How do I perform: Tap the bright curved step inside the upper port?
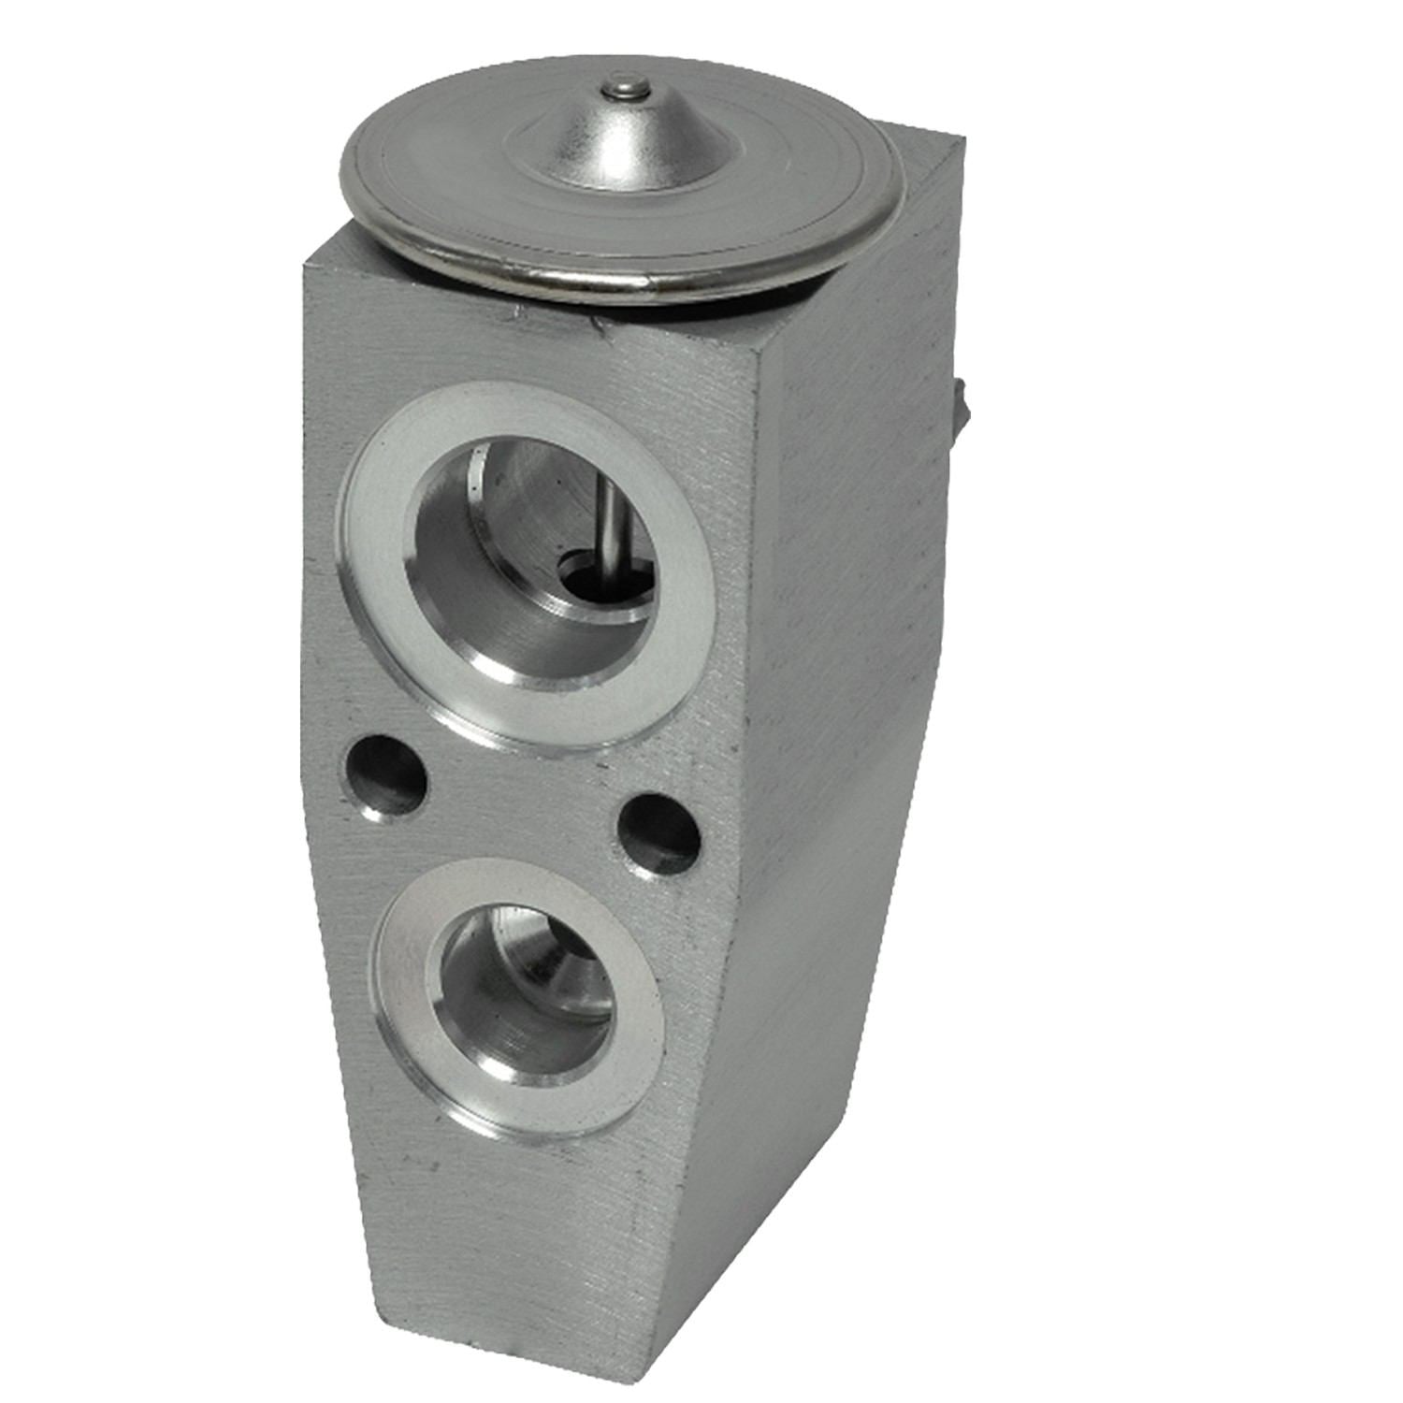[552, 645]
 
